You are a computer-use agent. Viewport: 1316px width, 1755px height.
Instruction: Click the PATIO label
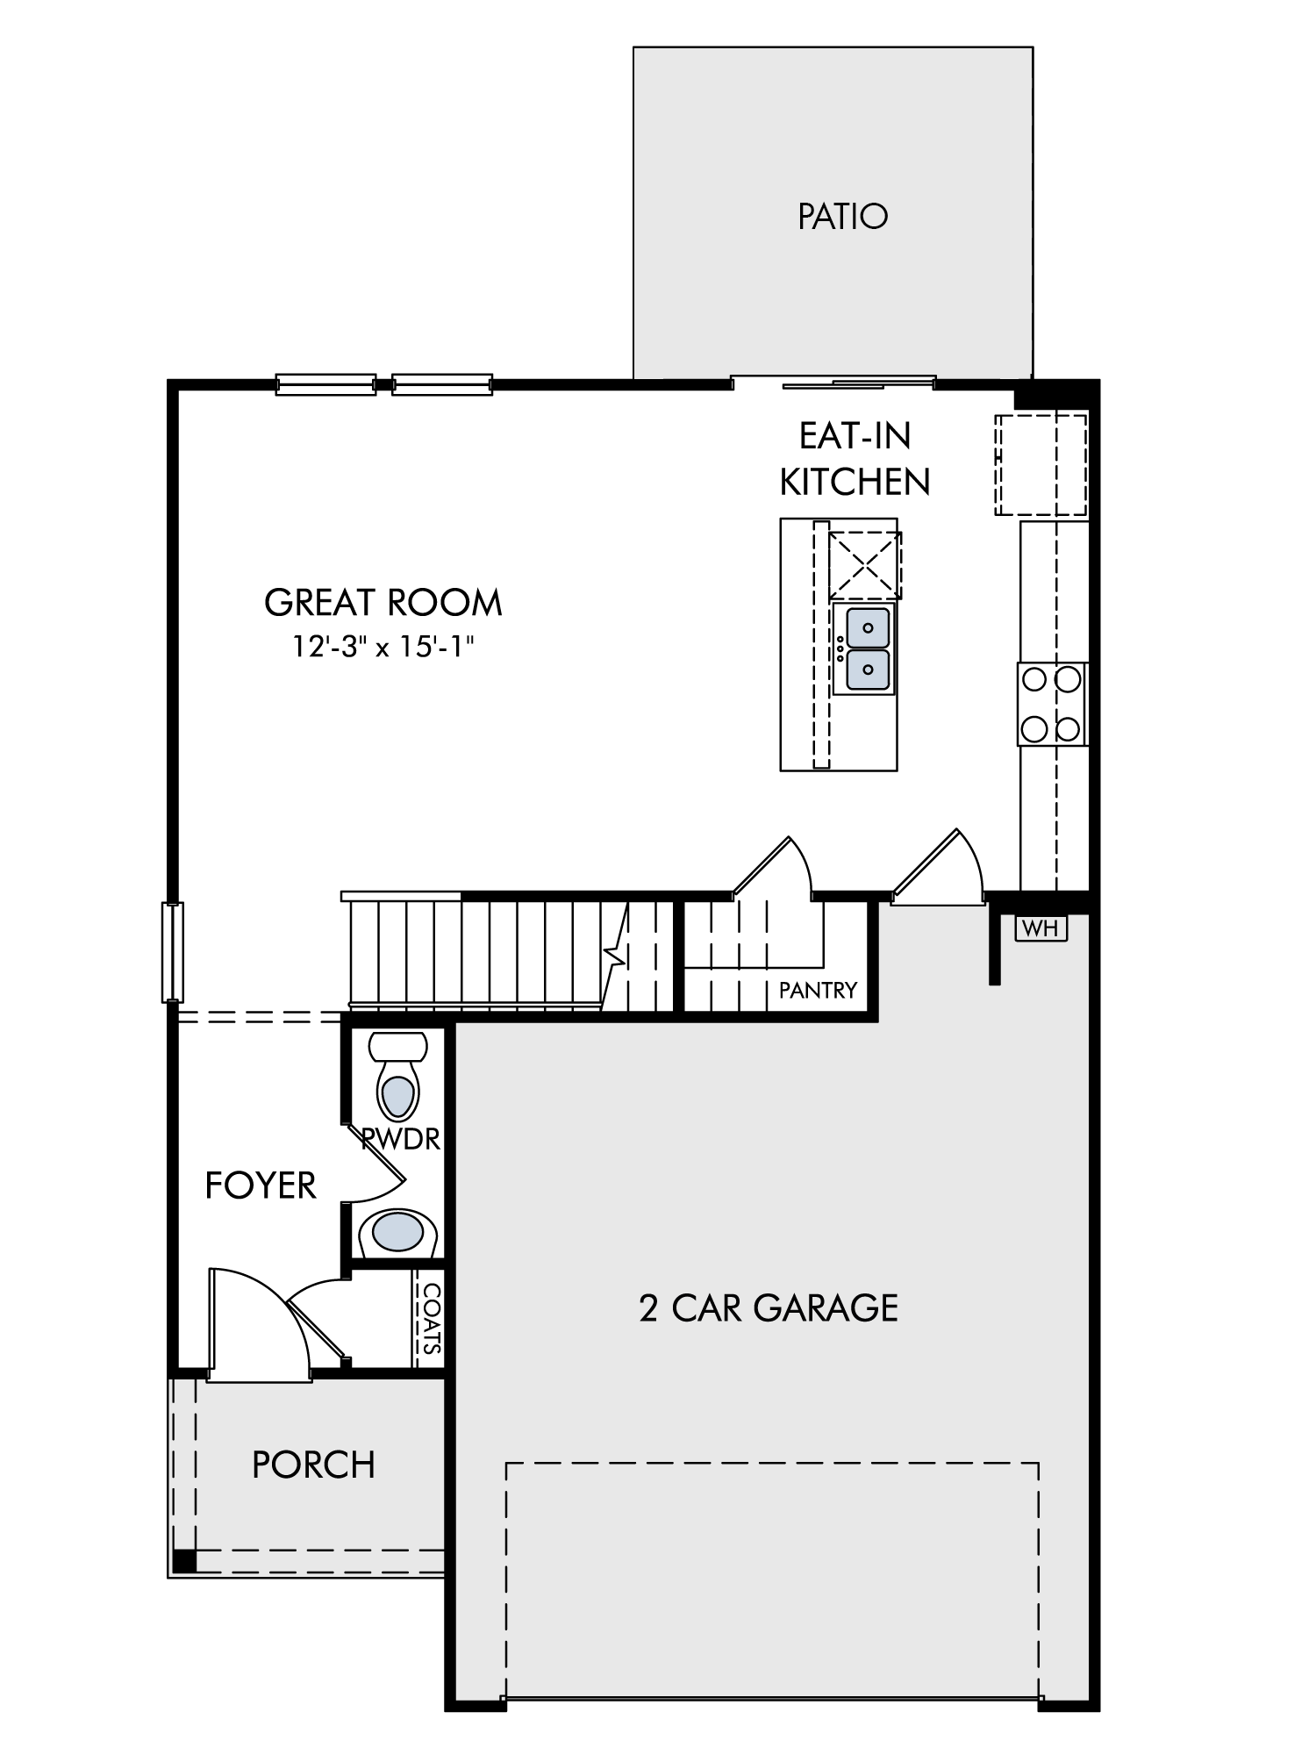coord(842,216)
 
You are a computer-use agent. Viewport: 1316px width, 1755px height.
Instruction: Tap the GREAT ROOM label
coord(383,603)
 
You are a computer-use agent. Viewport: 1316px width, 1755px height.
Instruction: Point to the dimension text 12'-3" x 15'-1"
coord(383,647)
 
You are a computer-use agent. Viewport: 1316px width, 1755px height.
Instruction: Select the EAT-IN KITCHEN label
coord(855,459)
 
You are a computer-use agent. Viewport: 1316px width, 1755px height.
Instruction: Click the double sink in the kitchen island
coord(864,649)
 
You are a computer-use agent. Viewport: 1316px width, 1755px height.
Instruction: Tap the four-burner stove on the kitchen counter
coord(1052,705)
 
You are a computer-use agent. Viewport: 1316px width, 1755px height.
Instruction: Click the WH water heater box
coord(1041,928)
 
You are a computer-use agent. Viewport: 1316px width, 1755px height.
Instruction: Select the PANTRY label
coord(818,991)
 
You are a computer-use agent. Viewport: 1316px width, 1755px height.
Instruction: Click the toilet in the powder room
coord(398,1077)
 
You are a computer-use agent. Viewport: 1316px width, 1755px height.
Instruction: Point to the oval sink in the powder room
coord(397,1232)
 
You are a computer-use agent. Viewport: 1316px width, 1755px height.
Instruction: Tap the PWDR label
coord(401,1139)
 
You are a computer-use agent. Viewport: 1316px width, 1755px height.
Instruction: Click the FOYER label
coord(261,1186)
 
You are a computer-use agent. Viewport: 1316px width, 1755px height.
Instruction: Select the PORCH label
coord(313,1465)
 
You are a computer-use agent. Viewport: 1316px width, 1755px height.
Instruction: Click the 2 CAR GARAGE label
coord(769,1307)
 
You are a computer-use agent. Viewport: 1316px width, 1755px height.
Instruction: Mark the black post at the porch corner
coord(184,1561)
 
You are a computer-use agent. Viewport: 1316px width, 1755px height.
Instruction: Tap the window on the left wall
coord(173,952)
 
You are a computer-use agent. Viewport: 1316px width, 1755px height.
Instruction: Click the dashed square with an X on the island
coord(865,564)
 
